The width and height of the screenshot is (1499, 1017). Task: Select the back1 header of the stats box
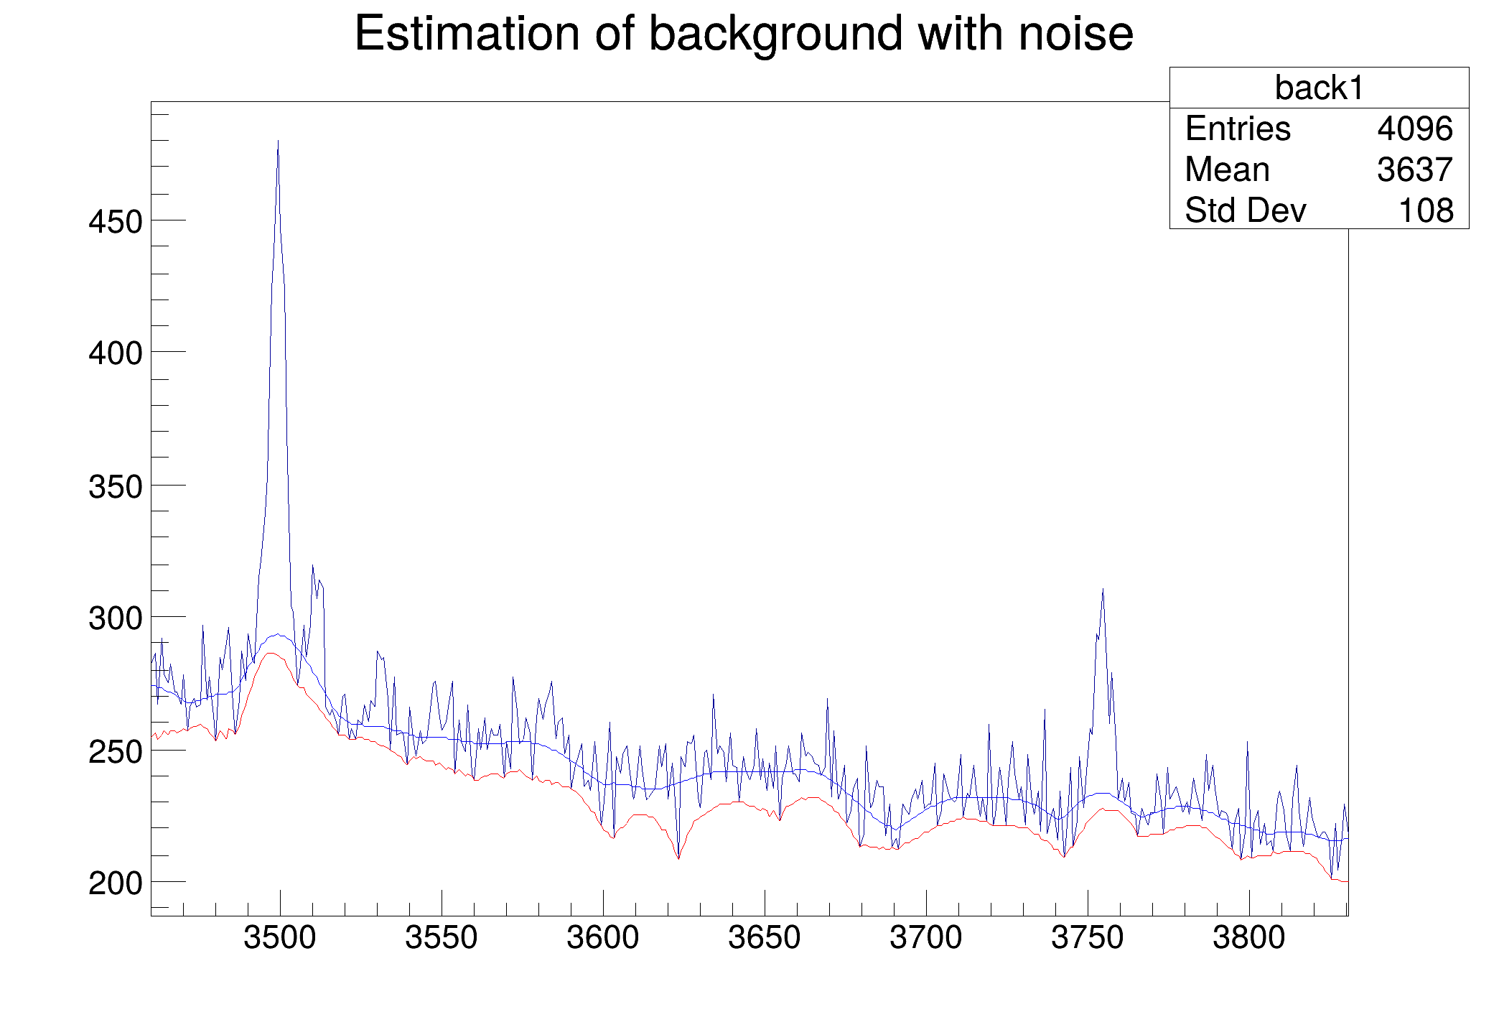coord(1319,88)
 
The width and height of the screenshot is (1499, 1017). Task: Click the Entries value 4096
coord(1415,129)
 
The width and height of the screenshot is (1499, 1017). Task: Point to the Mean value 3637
coord(1415,170)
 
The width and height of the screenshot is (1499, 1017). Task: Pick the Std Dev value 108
coord(1426,211)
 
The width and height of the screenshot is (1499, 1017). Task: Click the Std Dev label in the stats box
coord(1246,211)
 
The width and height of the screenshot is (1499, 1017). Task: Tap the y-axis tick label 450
coord(116,222)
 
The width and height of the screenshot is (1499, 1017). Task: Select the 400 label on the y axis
coord(116,353)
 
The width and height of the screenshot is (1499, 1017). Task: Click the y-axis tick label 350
coord(116,487)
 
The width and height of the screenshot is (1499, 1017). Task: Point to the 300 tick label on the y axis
coord(116,618)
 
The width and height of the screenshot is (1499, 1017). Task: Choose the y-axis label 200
coord(116,883)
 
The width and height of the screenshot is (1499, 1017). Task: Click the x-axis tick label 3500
coord(280,938)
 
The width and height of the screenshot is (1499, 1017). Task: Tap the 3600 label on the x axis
coord(603,938)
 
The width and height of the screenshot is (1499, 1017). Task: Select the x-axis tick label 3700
coord(926,938)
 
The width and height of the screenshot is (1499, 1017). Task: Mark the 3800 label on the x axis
coord(1249,938)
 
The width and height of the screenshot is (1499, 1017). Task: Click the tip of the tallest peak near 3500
coord(278,141)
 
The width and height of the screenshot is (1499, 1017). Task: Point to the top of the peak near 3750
coord(1103,589)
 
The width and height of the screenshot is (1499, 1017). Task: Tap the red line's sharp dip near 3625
coord(678,858)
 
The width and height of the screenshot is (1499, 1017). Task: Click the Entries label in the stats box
coord(1238,129)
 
